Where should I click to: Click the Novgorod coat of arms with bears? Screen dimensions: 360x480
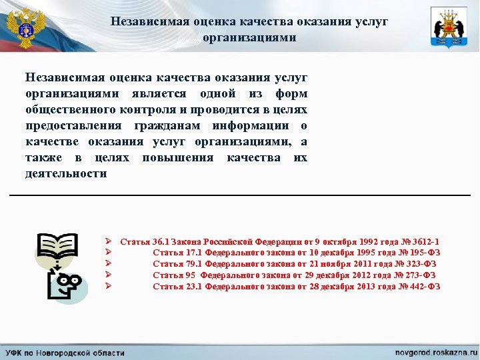(x=449, y=27)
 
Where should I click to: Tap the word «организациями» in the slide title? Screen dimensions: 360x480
(x=249, y=37)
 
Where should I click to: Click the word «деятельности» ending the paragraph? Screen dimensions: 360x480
(x=66, y=173)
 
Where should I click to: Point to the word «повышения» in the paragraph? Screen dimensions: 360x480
(x=177, y=157)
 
